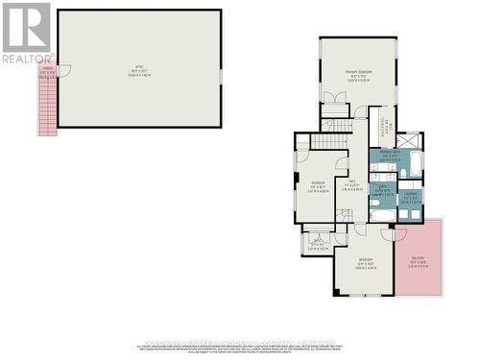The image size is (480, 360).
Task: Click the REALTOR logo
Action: point(27,33)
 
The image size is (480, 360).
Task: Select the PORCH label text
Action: point(46,71)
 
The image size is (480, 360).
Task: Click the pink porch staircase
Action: point(47,106)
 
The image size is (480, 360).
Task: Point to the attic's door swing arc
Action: point(63,71)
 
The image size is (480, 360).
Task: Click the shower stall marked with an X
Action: point(409,140)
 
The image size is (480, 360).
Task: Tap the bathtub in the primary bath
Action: point(416,163)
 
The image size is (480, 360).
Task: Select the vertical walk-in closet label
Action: point(382,125)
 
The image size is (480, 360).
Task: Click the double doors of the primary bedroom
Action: point(334,99)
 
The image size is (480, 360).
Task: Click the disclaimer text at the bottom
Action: point(240,348)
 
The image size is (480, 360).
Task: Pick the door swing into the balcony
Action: point(400,233)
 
